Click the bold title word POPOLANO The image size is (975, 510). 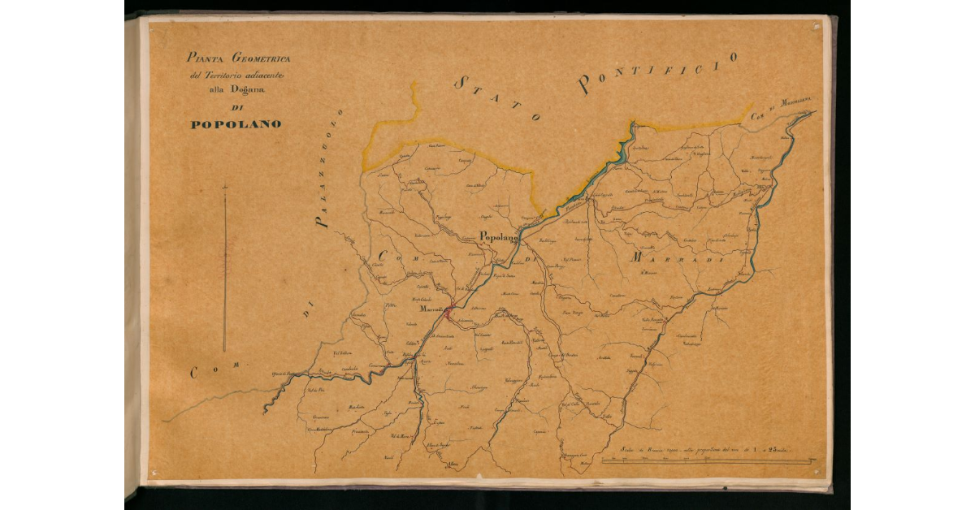pos(236,125)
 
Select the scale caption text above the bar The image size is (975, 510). pos(704,448)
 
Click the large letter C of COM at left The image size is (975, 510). pos(195,374)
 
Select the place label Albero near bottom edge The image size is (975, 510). pos(453,465)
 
